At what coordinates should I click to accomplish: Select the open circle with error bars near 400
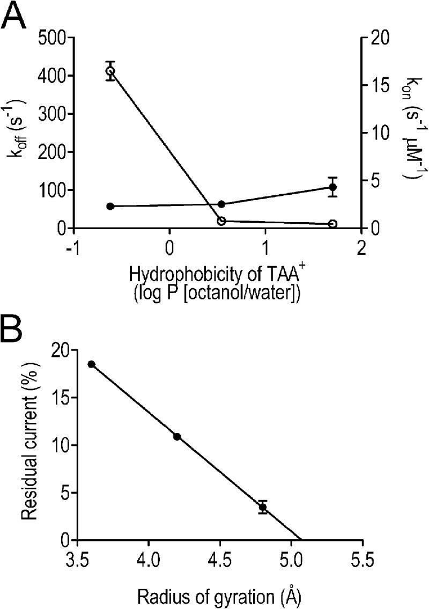110,71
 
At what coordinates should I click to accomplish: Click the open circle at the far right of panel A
332,224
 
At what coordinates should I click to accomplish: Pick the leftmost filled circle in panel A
110,206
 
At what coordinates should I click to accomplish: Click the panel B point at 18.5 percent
91,364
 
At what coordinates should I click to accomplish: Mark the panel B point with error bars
263,507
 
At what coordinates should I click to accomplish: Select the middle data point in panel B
177,437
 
